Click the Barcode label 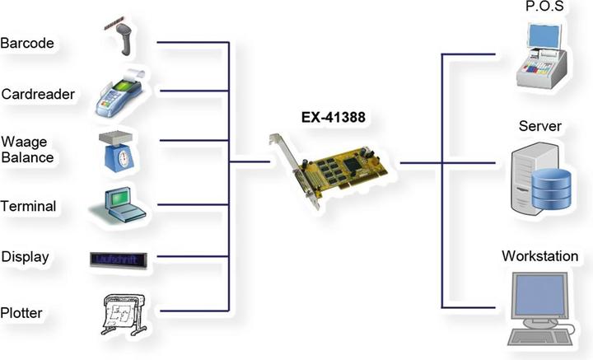(28, 42)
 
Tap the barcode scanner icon (122, 38)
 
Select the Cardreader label (38, 94)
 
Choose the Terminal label (29, 206)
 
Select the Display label (26, 257)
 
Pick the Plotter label (22, 312)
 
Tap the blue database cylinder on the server (550, 191)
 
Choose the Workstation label (539, 256)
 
